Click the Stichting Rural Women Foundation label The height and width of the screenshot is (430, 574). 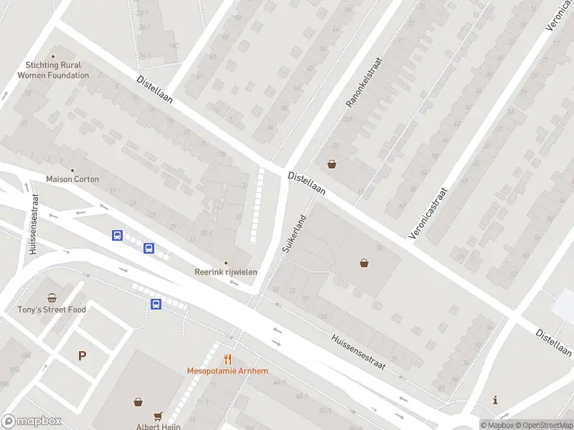53,70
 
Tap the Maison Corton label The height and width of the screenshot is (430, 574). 72,178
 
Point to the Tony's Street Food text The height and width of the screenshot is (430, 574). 52,310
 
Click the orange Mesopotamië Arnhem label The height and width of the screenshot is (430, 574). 227,371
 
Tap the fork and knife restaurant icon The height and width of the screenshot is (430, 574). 227,360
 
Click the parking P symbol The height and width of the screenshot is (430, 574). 82,355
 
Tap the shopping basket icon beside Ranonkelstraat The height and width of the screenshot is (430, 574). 331,163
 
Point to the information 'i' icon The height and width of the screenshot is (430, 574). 495,400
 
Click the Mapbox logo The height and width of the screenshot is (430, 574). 32,421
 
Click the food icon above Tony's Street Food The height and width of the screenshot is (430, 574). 52,298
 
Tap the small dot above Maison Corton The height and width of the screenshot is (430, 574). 72,170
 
